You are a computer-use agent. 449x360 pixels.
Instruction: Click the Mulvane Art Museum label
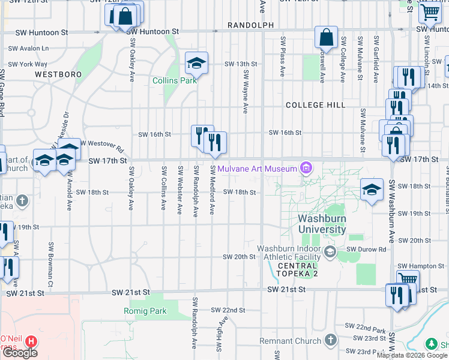[258, 169]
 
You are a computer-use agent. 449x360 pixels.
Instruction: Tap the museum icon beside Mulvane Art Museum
[306, 167]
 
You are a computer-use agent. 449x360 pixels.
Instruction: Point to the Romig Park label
[145, 311]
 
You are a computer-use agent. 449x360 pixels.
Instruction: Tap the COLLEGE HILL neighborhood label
[315, 105]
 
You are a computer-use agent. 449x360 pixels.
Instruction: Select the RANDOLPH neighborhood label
[251, 25]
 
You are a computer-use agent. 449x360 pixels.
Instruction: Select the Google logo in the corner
[19, 353]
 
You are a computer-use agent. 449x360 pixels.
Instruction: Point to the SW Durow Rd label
[369, 248]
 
